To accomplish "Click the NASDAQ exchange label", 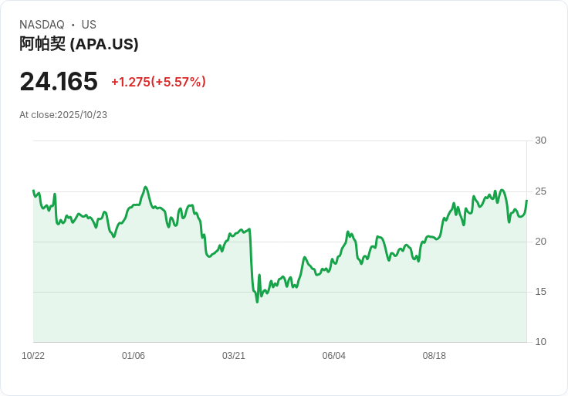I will pyautogui.click(x=42, y=25).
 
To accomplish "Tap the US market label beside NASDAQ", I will pyautogui.click(x=89, y=25).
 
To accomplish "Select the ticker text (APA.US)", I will pyautogui.click(x=104, y=44).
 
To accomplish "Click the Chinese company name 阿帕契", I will pyautogui.click(x=42, y=44).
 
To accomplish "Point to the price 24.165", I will pyautogui.click(x=59, y=81).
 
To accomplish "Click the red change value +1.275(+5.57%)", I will pyautogui.click(x=158, y=82).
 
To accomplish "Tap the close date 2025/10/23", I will pyautogui.click(x=82, y=115).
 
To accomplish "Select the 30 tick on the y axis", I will pyautogui.click(x=540, y=140).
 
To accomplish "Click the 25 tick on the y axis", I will pyautogui.click(x=540, y=191).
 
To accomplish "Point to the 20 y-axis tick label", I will pyautogui.click(x=540, y=242).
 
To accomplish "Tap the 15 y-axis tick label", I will pyautogui.click(x=540, y=292).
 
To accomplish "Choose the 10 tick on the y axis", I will pyautogui.click(x=540, y=342).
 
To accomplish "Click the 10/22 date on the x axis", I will pyautogui.click(x=33, y=356).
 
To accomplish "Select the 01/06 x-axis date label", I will pyautogui.click(x=134, y=356).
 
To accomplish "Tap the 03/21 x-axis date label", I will pyautogui.click(x=234, y=356).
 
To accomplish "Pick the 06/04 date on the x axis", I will pyautogui.click(x=334, y=356).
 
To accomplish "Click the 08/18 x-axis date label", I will pyautogui.click(x=434, y=356).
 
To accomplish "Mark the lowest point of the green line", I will pyautogui.click(x=257, y=301).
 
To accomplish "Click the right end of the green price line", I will pyautogui.click(x=526, y=201).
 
